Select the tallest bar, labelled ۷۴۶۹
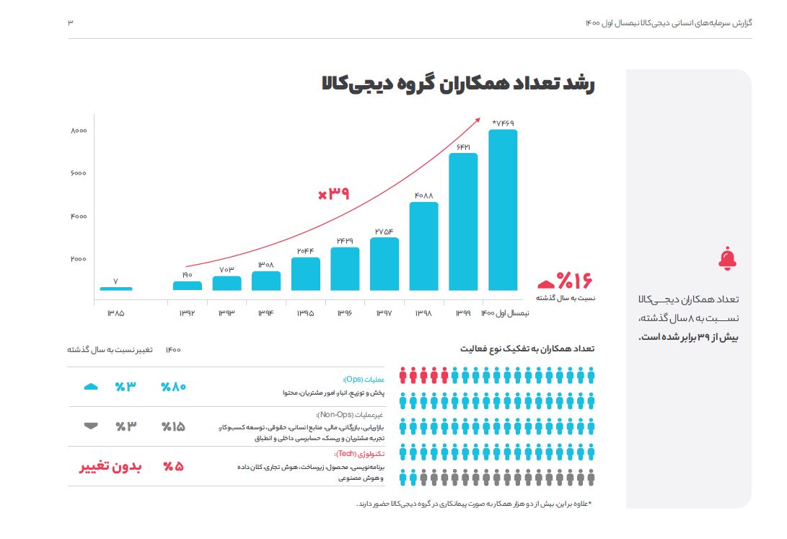[x=503, y=209]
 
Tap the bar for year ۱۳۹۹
[x=463, y=222]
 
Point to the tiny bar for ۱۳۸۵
[x=115, y=289]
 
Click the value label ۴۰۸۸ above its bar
[x=424, y=195]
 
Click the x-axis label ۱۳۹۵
[x=306, y=313]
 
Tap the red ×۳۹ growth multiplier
[x=333, y=193]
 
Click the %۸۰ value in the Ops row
[x=173, y=387]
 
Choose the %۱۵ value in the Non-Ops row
[x=173, y=426]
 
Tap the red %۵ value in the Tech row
[x=173, y=466]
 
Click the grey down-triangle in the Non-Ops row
[x=91, y=426]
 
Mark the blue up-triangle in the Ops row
[x=91, y=387]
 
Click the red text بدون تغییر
[x=110, y=466]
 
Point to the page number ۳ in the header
[x=71, y=22]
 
